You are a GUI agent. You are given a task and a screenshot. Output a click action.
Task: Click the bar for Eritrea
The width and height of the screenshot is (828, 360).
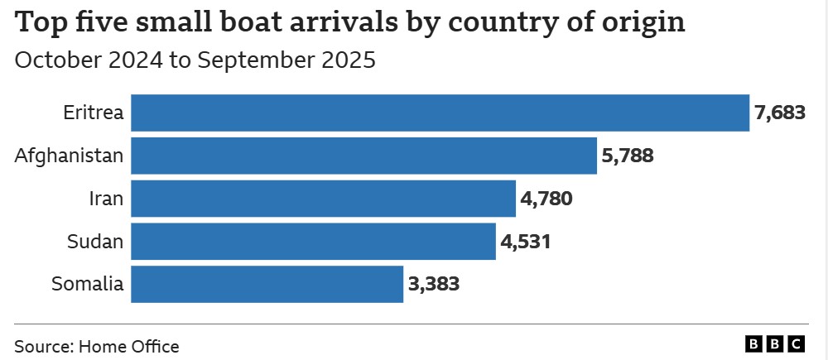click(440, 113)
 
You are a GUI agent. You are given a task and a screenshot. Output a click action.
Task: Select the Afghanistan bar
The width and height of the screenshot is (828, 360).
click(363, 156)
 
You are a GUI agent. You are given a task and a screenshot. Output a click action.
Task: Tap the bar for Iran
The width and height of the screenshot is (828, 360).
click(323, 199)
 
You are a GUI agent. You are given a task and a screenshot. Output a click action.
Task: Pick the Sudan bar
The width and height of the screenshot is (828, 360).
click(313, 242)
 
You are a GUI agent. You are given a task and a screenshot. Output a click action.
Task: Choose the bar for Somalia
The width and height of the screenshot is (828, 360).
click(267, 284)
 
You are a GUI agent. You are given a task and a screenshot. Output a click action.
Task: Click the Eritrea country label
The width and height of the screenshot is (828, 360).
click(94, 113)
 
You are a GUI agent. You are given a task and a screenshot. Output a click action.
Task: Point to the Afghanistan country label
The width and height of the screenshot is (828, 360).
click(70, 156)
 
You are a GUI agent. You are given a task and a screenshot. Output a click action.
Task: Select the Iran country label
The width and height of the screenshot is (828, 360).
click(106, 199)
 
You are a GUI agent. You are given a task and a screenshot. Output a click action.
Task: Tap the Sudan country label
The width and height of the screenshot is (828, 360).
click(95, 242)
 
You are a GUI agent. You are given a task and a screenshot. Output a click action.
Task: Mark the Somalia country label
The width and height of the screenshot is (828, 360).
click(88, 284)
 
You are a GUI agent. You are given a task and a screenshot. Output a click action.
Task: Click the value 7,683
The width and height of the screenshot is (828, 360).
click(780, 113)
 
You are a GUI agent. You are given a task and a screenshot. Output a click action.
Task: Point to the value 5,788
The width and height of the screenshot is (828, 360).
click(628, 156)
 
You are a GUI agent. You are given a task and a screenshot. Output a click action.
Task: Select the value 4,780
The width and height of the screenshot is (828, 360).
click(546, 199)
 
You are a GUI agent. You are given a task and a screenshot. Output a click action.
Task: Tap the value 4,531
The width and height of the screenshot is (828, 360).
click(526, 242)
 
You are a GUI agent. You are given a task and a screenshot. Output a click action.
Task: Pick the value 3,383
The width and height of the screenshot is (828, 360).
click(434, 284)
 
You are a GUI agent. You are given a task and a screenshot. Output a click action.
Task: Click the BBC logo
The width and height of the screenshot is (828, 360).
click(775, 344)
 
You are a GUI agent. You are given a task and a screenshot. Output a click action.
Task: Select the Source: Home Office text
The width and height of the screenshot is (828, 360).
click(97, 346)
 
